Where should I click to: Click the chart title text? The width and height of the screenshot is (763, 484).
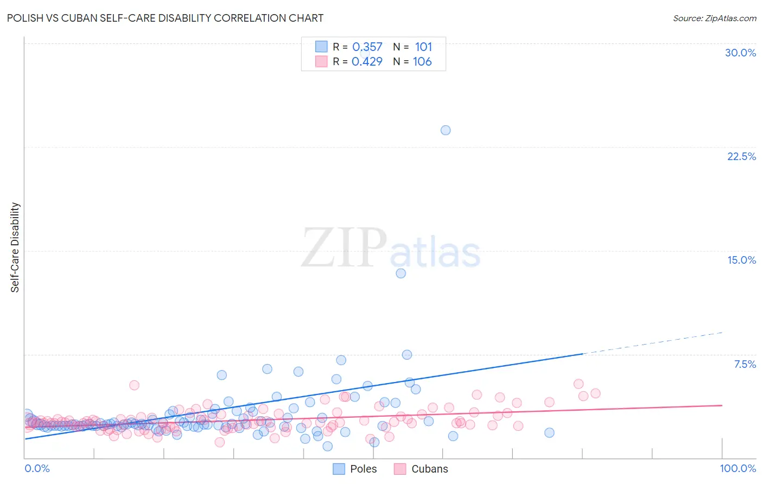click(165, 18)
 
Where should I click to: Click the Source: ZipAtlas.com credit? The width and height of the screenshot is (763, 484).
click(714, 18)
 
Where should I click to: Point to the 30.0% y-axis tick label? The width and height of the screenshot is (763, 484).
click(740, 53)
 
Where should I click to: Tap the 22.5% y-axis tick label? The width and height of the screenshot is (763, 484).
click(741, 156)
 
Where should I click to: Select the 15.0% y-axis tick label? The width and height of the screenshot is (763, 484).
click(741, 260)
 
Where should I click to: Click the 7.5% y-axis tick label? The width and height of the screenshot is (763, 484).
click(745, 364)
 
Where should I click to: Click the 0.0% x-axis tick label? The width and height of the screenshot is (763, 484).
click(37, 468)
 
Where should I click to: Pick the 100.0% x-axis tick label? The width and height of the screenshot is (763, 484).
click(737, 468)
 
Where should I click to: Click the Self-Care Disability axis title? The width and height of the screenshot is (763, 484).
click(15, 247)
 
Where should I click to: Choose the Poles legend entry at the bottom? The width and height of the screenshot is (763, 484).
click(363, 469)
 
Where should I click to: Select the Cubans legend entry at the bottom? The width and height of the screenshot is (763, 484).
click(429, 469)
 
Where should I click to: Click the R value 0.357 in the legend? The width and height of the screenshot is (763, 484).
click(367, 47)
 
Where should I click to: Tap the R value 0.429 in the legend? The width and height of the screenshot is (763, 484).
click(367, 62)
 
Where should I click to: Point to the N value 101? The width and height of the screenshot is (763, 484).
click(423, 47)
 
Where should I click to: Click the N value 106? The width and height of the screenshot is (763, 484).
click(422, 62)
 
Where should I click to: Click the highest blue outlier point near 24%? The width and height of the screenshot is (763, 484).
click(446, 130)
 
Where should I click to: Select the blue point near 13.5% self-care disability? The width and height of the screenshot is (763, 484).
click(400, 273)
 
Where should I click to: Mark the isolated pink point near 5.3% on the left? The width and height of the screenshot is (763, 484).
click(134, 385)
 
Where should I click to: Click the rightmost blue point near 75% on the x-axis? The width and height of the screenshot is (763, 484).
click(549, 432)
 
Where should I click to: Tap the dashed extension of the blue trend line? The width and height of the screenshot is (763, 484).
click(651, 343)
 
